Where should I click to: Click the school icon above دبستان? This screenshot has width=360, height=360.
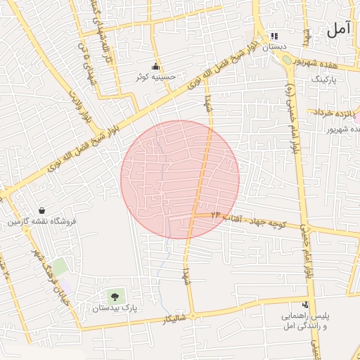(x=275, y=36)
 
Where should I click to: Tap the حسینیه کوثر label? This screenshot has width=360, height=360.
(x=155, y=77)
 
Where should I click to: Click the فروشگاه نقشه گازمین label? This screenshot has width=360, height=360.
(x=42, y=222)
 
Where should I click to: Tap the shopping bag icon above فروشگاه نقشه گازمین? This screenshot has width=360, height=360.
(x=42, y=210)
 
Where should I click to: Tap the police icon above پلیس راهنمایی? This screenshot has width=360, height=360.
(x=305, y=305)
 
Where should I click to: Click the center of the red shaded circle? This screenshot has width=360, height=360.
(x=180, y=179)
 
